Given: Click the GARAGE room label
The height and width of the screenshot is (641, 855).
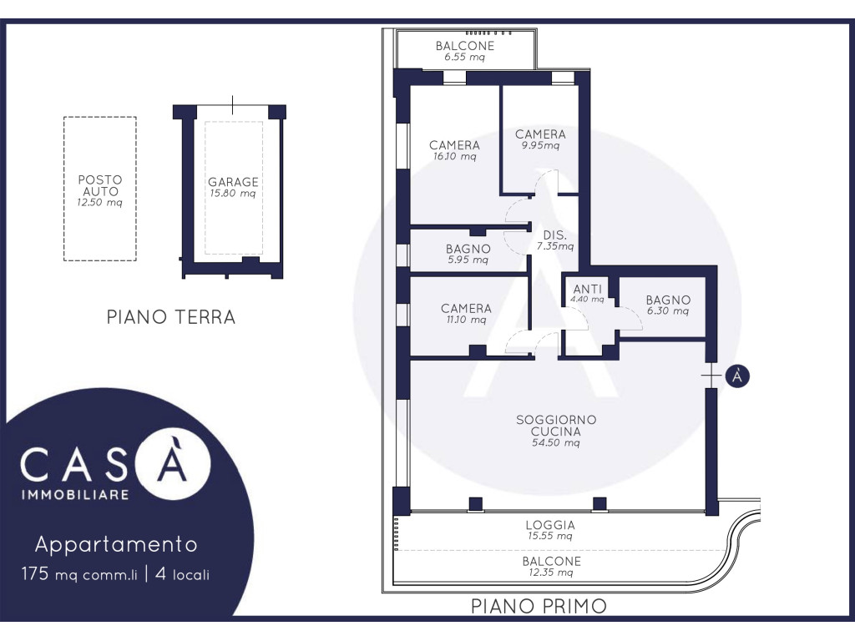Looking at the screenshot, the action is [x=233, y=181].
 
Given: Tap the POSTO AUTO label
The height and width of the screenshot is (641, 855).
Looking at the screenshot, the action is [x=100, y=185].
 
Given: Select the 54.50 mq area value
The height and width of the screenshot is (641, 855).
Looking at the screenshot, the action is [x=555, y=442].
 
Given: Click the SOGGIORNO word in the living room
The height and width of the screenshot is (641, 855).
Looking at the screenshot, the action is [x=556, y=420].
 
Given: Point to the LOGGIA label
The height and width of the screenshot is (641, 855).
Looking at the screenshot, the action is [x=550, y=525].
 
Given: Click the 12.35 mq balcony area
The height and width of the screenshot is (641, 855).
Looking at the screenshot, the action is [x=551, y=573].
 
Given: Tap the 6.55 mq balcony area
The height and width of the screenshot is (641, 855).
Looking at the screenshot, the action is [x=464, y=57].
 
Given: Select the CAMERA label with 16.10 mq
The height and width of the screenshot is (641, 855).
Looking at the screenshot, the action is [x=454, y=145].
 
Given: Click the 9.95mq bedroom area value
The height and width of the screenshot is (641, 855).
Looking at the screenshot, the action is [x=540, y=145].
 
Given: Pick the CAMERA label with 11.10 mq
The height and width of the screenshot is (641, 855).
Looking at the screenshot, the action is [x=466, y=308].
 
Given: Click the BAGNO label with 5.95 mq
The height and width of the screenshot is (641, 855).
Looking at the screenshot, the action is [x=468, y=249].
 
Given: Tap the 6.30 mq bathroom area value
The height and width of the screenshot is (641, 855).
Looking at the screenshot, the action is [x=668, y=311].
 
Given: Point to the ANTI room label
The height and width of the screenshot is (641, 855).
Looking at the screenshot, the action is [x=587, y=289].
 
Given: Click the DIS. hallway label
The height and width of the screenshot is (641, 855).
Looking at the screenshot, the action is [x=555, y=235].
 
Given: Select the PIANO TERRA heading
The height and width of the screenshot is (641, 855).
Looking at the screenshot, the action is [x=170, y=316].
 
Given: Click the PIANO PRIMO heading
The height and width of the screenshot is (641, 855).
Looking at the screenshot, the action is [x=539, y=606].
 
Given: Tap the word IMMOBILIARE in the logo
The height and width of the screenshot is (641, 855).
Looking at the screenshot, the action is [x=75, y=495].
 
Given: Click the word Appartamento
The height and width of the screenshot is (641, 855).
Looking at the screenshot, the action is [x=116, y=544].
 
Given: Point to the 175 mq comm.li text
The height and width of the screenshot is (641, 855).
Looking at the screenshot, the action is [x=79, y=574].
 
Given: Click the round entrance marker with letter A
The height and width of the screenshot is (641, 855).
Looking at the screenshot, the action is [x=737, y=376].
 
